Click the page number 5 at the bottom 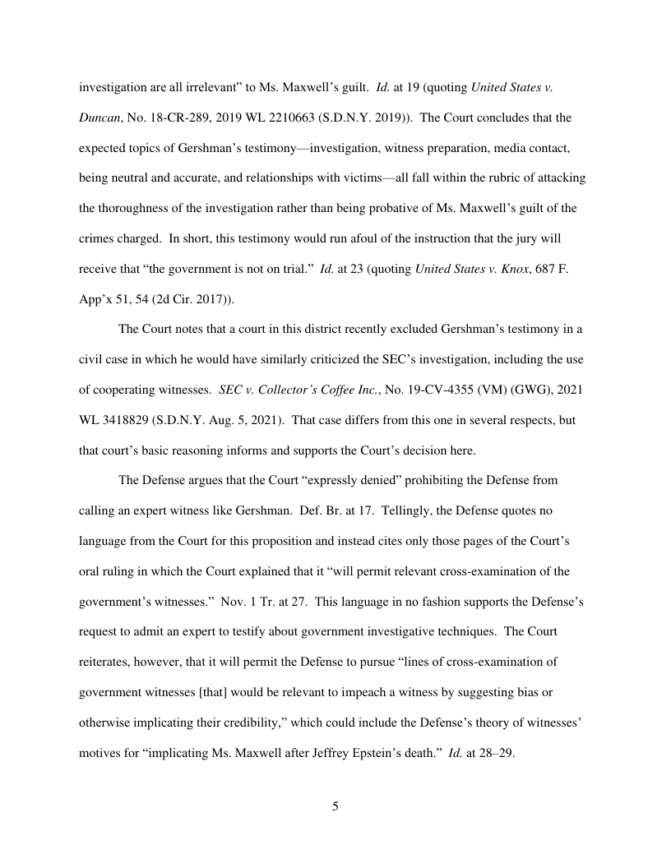click(335, 806)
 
